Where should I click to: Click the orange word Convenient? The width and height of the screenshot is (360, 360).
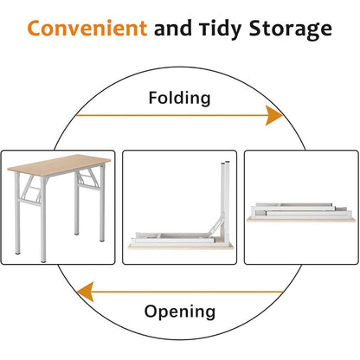(87, 28)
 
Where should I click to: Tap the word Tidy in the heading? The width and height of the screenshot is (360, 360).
(221, 29)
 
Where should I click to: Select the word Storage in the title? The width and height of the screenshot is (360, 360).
(291, 29)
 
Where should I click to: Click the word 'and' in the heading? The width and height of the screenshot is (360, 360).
(173, 29)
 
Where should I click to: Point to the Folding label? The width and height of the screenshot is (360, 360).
(179, 99)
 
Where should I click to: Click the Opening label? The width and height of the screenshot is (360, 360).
(180, 312)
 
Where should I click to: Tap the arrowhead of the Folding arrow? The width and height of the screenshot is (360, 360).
(273, 115)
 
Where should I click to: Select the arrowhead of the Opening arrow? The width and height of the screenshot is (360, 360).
(86, 292)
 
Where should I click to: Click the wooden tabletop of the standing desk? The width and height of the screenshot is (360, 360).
(59, 163)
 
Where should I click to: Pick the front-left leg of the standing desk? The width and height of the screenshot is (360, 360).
(43, 219)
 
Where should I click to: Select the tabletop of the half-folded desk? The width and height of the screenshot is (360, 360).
(181, 246)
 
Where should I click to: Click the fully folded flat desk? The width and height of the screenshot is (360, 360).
(301, 212)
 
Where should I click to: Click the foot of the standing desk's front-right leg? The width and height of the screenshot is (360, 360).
(43, 260)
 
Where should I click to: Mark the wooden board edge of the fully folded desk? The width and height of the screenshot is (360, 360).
(301, 220)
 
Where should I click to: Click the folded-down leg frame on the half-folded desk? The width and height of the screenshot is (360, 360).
(173, 238)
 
